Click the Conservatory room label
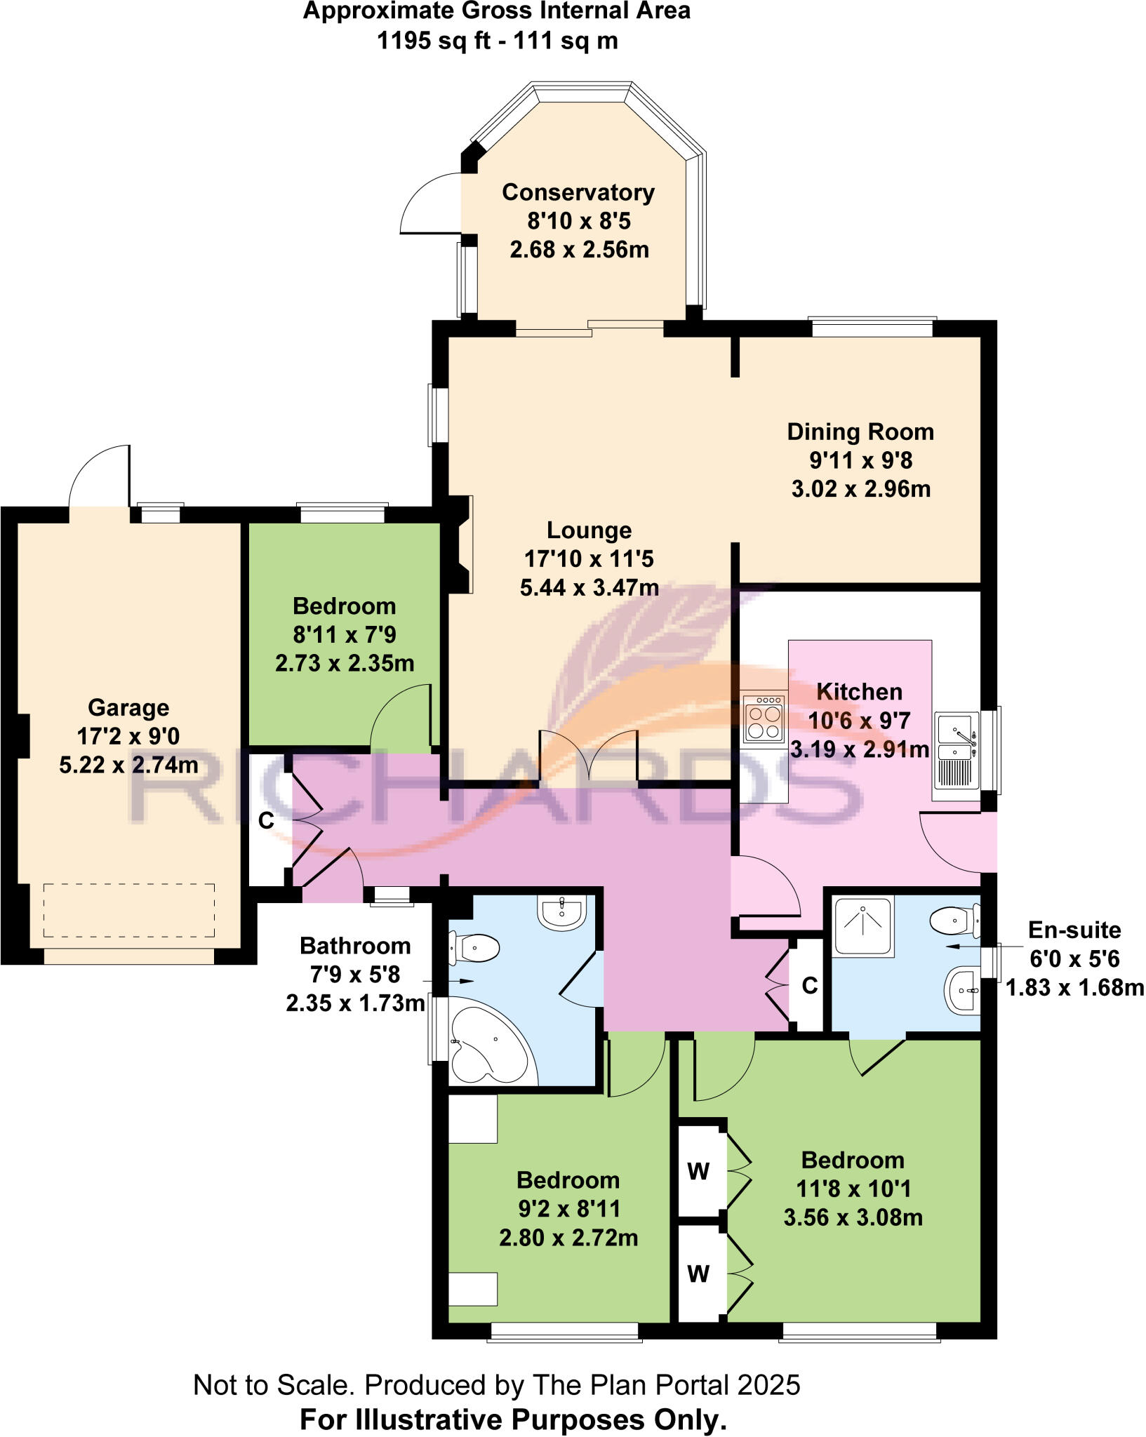point(578,192)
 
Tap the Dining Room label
point(860,432)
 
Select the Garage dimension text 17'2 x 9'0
point(128,736)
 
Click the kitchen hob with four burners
point(764,718)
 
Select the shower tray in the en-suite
point(863,926)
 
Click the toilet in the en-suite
point(955,921)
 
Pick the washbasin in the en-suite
point(962,990)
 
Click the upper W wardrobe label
point(698,1171)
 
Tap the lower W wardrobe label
point(698,1273)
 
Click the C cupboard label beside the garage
point(266,820)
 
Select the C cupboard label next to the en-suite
point(810,986)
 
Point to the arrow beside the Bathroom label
point(461,981)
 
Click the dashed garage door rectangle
point(128,910)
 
